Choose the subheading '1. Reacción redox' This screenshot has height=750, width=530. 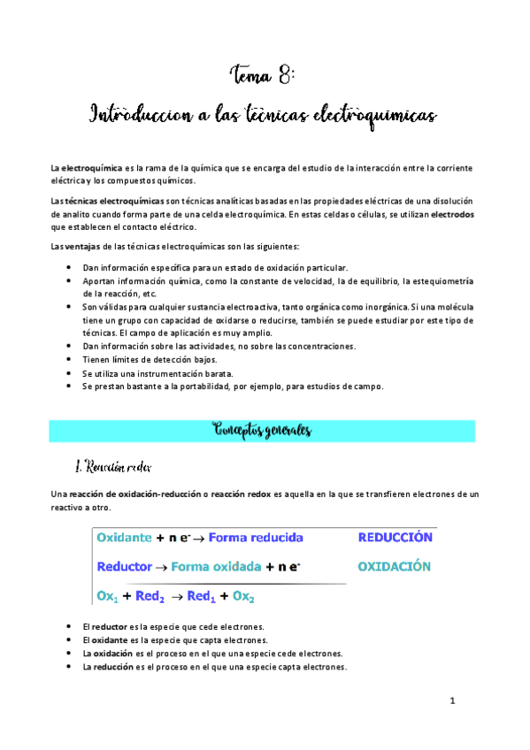click(114, 466)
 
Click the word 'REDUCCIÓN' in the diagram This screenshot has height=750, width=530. click(395, 537)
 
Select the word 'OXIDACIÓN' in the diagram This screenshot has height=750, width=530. click(394, 566)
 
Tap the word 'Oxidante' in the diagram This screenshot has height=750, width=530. click(124, 537)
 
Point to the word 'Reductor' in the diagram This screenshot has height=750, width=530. click(125, 567)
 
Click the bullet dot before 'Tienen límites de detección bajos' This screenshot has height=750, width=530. click(70, 360)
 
